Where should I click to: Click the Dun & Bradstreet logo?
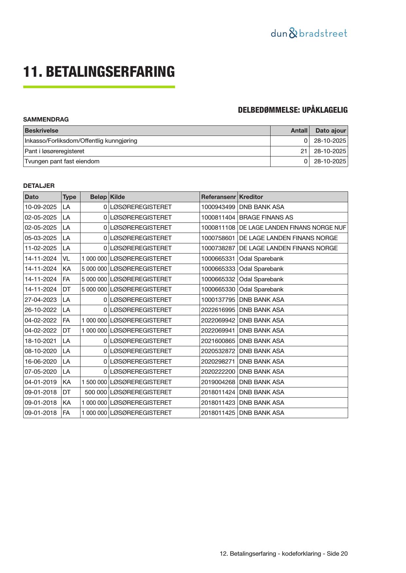309,33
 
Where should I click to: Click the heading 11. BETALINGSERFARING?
99,72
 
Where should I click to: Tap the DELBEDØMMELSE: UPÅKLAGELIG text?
292,110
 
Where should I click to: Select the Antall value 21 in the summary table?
304,151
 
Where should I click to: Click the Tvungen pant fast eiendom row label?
62,161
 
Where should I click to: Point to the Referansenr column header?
218,197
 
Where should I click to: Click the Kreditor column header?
251,197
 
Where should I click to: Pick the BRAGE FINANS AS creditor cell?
266,218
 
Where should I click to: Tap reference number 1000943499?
218,207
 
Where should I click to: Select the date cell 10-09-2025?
41,207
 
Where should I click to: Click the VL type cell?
66,259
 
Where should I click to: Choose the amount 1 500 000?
94,382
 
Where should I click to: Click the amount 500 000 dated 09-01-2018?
96,392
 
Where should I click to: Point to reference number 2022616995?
218,310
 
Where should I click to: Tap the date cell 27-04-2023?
41,300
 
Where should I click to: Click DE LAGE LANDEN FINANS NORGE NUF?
292,228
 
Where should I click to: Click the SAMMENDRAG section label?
46,120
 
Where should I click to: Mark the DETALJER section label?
39,186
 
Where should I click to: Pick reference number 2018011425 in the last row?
218,413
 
